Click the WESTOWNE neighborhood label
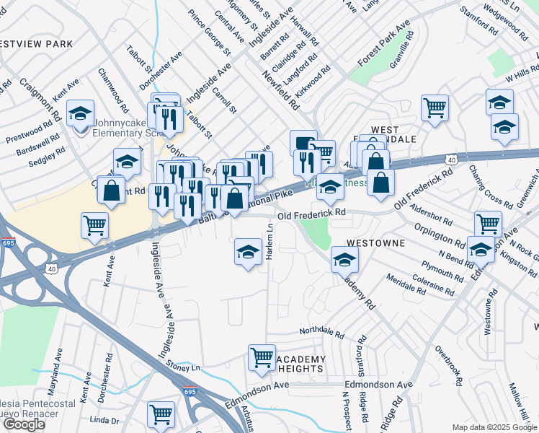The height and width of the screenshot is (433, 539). [x=375, y=244]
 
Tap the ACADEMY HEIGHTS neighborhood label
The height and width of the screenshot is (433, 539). [x=300, y=364]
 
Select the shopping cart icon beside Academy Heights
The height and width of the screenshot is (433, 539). [x=262, y=357]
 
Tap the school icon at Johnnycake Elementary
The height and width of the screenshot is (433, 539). [x=80, y=113]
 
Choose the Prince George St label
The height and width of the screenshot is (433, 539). [x=209, y=33]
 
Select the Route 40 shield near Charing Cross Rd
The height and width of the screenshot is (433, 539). [x=451, y=159]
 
